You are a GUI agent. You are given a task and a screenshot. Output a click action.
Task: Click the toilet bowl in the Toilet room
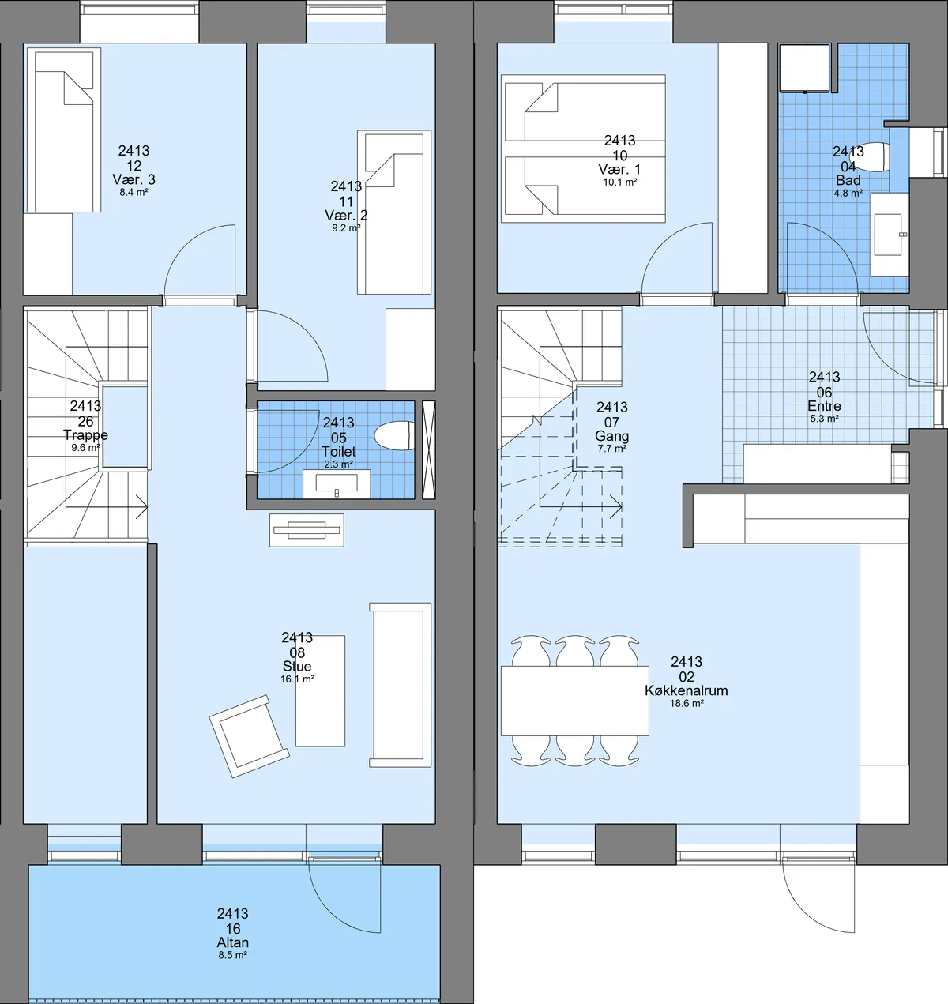[394, 435]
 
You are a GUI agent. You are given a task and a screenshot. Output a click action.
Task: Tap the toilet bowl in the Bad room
[877, 157]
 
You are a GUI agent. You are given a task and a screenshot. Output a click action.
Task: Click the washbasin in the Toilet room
[337, 484]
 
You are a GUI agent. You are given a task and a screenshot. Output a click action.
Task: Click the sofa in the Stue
[400, 685]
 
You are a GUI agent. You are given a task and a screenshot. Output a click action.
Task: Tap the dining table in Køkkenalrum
[575, 700]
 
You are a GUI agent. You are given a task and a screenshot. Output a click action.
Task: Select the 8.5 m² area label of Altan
[232, 955]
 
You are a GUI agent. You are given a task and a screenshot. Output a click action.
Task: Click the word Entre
[824, 406]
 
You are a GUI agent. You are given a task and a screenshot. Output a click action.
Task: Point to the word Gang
[611, 436]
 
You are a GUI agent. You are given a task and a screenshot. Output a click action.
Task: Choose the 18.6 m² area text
[687, 703]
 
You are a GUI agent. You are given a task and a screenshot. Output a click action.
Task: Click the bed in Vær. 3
[64, 130]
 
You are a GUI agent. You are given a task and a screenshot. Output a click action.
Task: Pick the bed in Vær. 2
[394, 212]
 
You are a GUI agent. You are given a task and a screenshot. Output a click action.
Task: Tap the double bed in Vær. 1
[583, 149]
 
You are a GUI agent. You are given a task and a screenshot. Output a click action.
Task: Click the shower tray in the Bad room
[804, 68]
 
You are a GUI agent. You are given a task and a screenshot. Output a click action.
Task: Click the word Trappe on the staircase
[85, 434]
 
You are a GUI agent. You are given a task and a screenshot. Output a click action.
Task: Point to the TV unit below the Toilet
[307, 530]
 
